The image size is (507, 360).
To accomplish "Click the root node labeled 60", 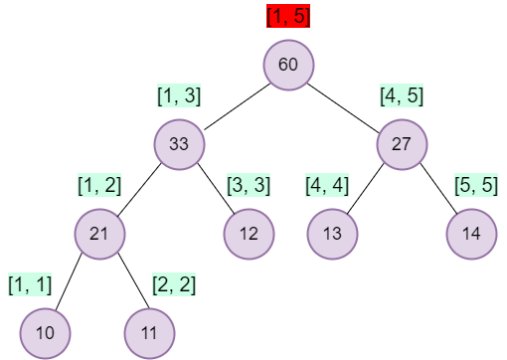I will coord(288,65).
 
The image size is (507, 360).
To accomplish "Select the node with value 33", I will coord(179,143).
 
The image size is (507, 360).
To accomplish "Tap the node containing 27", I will coord(402,143).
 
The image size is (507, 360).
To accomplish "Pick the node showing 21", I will coord(99,234).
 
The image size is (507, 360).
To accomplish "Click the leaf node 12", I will coord(249,234).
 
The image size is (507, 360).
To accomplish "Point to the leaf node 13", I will coord(332,234).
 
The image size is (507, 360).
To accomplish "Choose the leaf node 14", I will coord(471,234).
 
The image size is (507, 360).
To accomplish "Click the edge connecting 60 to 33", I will coord(234,104).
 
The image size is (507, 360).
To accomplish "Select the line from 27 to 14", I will coord(436,189).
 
